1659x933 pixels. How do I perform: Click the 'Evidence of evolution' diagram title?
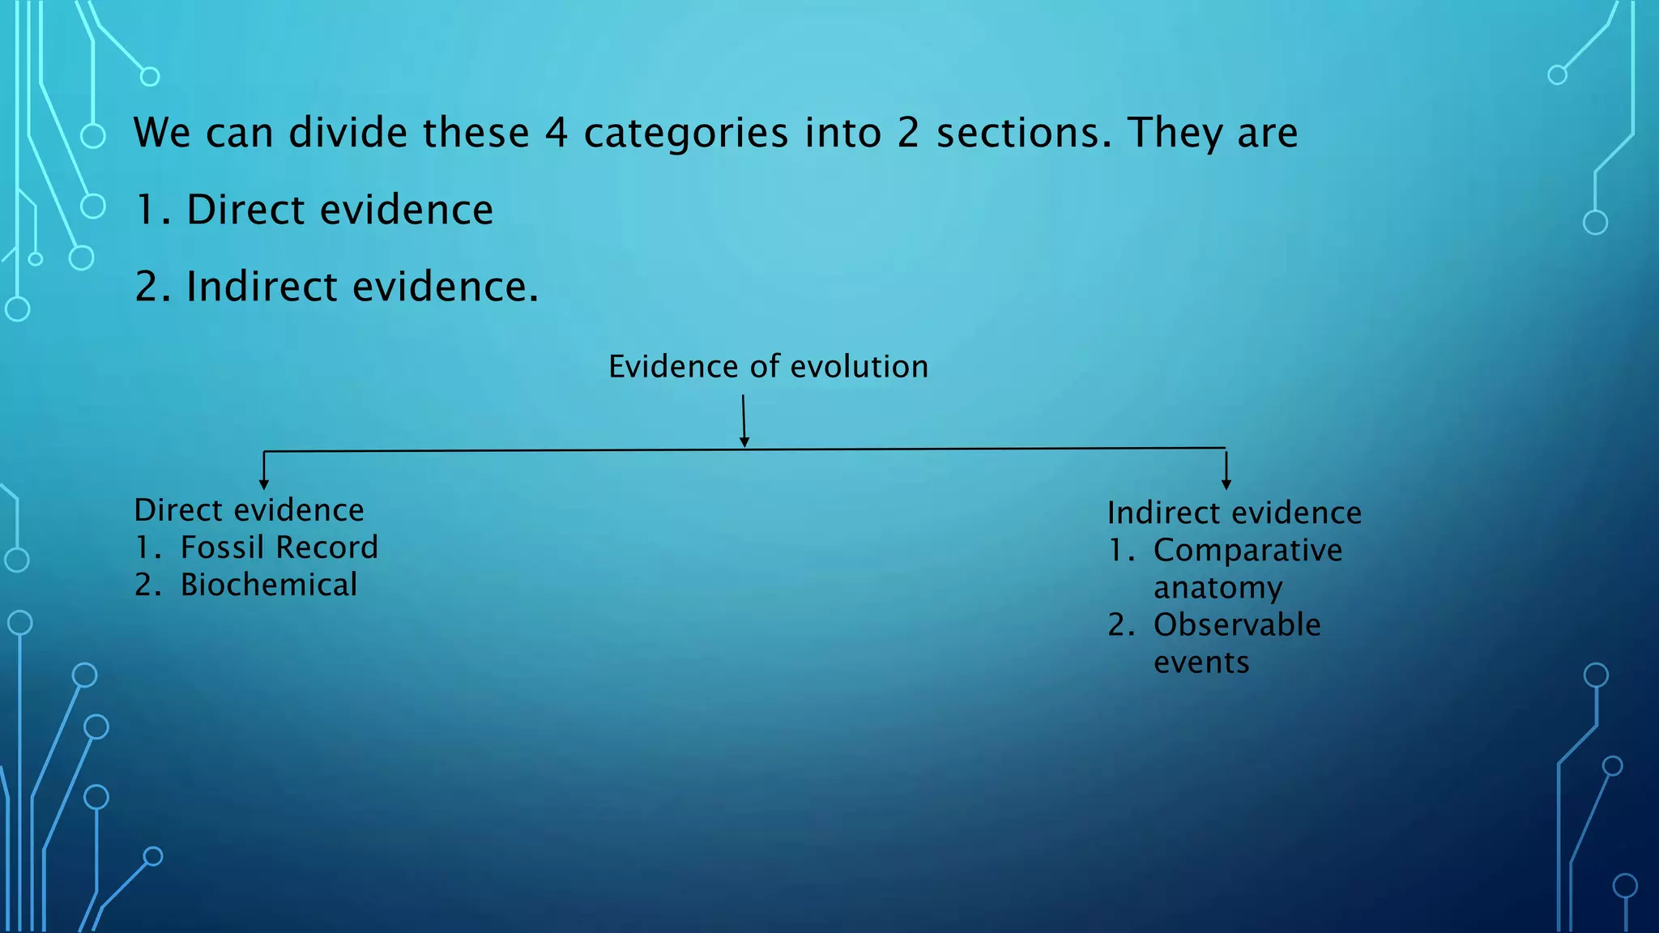point(768,367)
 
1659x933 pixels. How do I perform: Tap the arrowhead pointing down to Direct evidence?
point(264,484)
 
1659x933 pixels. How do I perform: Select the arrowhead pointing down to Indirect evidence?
point(1226,484)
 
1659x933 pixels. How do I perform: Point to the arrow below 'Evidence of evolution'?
point(744,421)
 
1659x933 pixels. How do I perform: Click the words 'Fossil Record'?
point(279,547)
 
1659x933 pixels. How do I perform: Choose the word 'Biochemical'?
point(268,585)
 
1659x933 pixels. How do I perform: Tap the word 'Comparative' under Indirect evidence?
point(1247,551)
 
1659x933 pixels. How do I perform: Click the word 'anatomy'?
point(1218,588)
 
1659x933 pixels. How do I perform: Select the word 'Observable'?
point(1237,625)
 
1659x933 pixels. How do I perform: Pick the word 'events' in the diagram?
point(1201,662)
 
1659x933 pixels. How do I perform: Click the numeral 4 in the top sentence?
point(556,133)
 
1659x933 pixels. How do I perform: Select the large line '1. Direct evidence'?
point(314,210)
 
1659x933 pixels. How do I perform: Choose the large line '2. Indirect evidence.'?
point(337,287)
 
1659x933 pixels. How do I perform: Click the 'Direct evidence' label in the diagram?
point(249,510)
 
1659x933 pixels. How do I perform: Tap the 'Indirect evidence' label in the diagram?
point(1234,513)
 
